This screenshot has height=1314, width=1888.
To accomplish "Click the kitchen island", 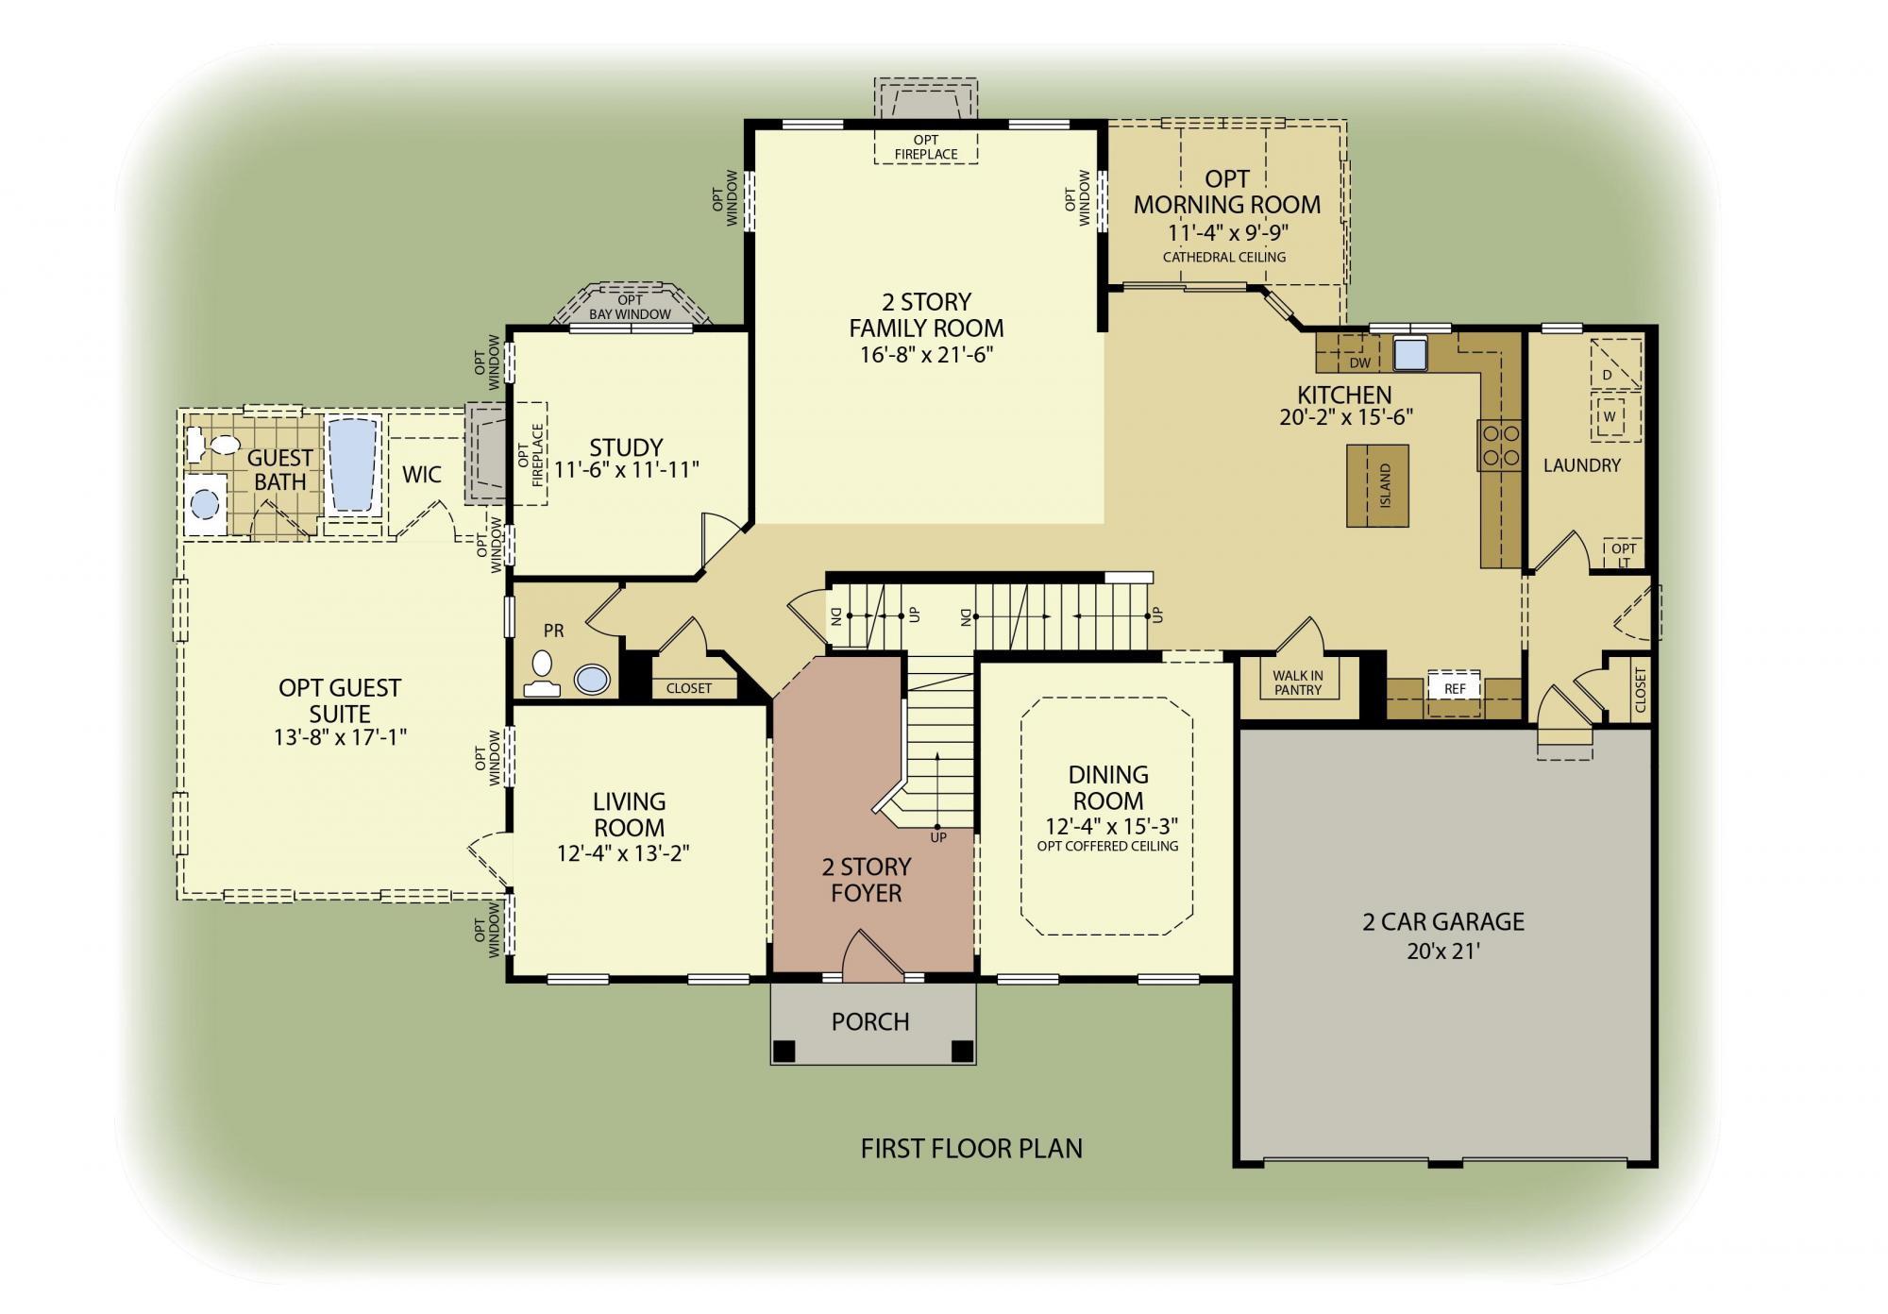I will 1377,485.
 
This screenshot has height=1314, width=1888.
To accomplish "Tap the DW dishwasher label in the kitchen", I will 1359,362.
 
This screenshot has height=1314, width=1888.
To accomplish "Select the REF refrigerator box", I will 1455,688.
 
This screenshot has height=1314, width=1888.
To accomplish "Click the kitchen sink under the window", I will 1410,354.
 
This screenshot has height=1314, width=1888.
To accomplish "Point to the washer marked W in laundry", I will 1610,416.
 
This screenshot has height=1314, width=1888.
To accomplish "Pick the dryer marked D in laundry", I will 1608,375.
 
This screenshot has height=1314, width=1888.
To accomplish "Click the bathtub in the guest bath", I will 353,464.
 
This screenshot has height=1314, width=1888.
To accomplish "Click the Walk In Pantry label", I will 1297,682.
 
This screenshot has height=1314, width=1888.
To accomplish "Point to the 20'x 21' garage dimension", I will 1442,951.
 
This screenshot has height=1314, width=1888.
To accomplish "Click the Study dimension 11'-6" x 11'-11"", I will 627,470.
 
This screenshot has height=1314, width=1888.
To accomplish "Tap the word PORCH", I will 870,1021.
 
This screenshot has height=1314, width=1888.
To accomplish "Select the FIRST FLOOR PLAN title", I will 971,1148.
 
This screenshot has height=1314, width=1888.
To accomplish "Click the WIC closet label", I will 422,474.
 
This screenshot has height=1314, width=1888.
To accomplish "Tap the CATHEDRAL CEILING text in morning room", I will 1223,257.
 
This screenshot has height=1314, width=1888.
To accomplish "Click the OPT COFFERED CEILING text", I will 1107,846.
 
